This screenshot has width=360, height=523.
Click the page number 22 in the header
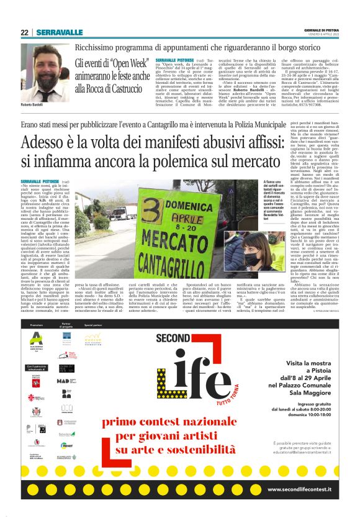tap(24, 32)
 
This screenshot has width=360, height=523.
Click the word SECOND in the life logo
tap(173, 338)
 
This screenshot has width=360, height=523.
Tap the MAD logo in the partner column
tap(66, 381)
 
